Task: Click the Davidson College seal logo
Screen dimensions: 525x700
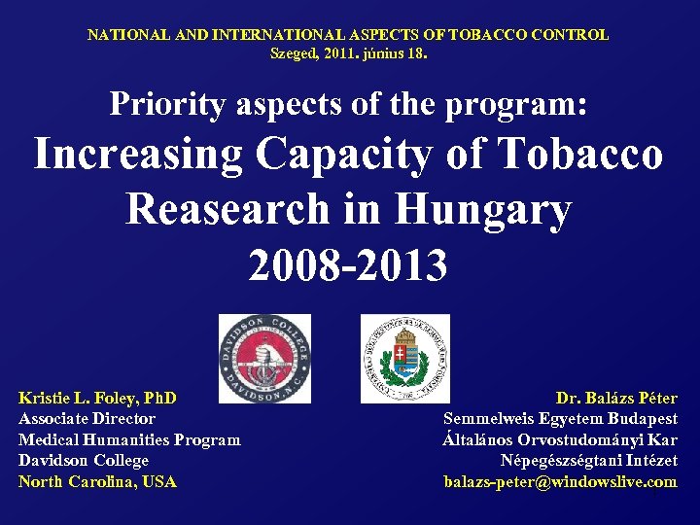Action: tap(264, 358)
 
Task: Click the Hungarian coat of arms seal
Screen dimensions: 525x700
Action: tap(405, 358)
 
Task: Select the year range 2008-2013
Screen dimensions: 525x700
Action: tap(348, 264)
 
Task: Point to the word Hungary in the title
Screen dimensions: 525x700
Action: tap(491, 208)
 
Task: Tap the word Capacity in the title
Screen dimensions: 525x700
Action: tap(369, 154)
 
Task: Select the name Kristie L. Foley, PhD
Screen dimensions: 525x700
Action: tap(97, 398)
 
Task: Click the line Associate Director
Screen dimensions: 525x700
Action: tap(87, 419)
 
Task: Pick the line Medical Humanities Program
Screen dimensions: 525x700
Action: tap(129, 440)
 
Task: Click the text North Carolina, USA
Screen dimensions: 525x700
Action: tap(97, 482)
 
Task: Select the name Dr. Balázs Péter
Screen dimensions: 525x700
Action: tap(616, 398)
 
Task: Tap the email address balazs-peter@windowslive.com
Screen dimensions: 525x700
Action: tap(560, 482)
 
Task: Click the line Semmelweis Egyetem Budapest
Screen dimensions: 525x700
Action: tap(560, 419)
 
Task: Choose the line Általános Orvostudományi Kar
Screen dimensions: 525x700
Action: tap(559, 440)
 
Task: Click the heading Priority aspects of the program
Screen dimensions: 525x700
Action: tap(348, 103)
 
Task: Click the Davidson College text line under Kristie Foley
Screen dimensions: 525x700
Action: tap(84, 461)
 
